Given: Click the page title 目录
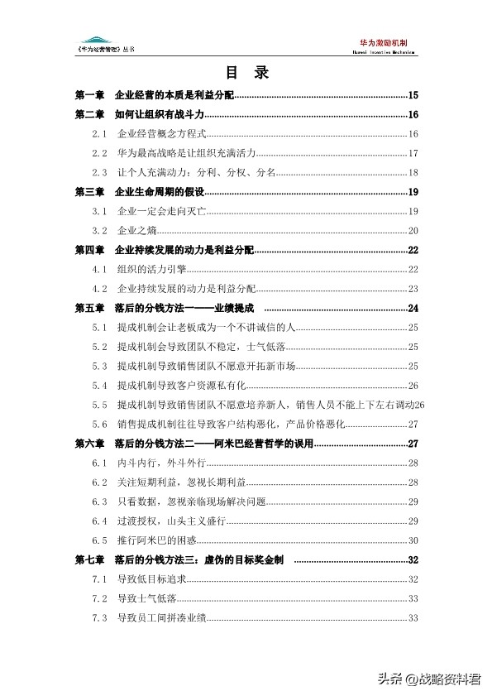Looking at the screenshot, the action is (246, 73).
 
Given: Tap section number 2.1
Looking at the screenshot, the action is (100, 134).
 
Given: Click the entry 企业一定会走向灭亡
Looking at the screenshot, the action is (162, 211).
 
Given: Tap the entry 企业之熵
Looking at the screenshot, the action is (138, 230).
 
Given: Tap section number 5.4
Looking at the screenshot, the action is (100, 386).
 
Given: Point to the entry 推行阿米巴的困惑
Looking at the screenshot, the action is (157, 540).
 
